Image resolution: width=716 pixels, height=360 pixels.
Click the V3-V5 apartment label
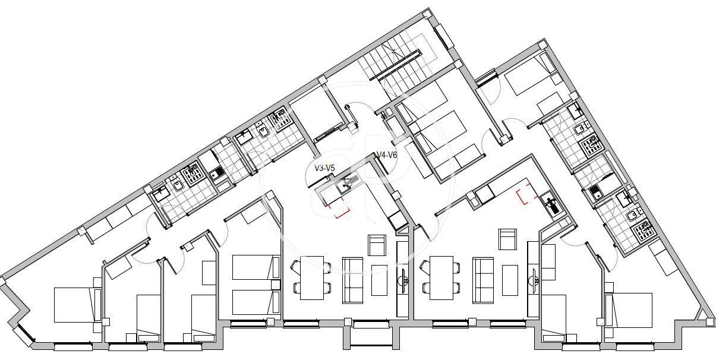(x=324, y=168)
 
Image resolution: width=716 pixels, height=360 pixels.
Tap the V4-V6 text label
(x=387, y=155)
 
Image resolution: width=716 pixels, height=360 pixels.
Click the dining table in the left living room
(x=312, y=277)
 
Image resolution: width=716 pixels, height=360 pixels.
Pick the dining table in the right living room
(x=441, y=277)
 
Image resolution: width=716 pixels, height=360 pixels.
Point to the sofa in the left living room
(x=352, y=280)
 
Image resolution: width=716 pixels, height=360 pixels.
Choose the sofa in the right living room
(x=483, y=280)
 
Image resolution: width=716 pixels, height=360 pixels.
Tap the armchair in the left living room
(x=377, y=245)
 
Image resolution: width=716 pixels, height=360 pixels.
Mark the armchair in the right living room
(x=507, y=239)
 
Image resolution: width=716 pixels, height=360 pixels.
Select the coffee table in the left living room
(x=379, y=280)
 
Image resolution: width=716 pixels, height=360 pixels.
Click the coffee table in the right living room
(x=510, y=280)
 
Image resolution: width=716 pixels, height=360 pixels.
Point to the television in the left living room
(x=403, y=281)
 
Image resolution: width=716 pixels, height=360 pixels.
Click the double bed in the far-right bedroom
(x=629, y=310)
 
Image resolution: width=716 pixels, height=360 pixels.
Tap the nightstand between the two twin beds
(x=276, y=285)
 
